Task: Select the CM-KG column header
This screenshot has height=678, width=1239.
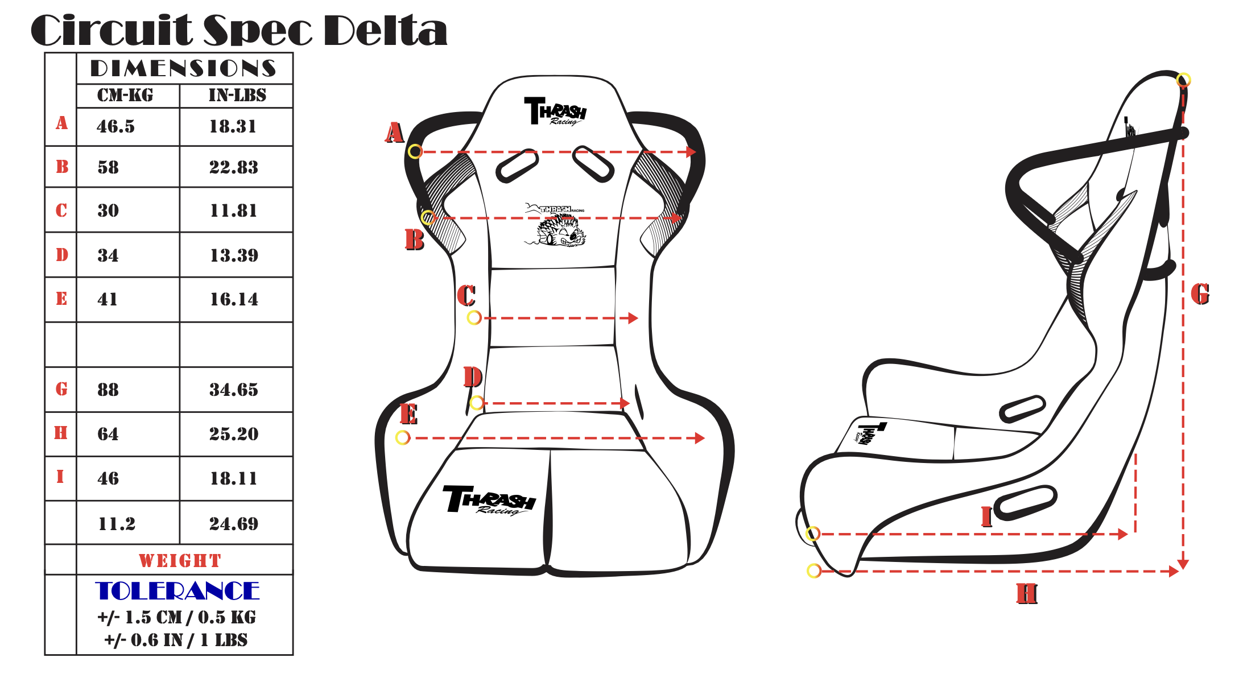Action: pos(125,95)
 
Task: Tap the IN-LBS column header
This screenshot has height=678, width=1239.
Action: pos(237,95)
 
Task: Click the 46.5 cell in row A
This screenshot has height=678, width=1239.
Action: pos(115,126)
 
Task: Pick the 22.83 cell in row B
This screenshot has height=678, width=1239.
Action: pos(233,167)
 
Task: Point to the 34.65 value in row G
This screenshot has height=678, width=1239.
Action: pos(233,390)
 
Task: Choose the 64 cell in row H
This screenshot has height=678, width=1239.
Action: pos(108,434)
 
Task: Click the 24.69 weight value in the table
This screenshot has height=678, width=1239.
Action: pos(233,524)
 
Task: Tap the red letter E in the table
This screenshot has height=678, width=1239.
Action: pos(61,299)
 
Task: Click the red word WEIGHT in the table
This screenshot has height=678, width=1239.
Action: pos(180,561)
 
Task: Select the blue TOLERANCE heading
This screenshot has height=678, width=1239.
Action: pos(177,591)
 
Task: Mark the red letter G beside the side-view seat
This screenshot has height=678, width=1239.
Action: pos(1200,294)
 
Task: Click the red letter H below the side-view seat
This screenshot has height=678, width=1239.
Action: pos(1027,594)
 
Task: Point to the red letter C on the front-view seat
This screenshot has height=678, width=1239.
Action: pos(466,296)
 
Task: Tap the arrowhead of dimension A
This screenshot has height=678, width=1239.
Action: pos(691,152)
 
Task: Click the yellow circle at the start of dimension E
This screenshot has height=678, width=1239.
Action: pos(403,437)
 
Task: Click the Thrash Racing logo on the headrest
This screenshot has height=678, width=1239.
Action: pos(555,111)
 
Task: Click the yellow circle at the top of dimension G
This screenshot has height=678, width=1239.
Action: pos(1183,80)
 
